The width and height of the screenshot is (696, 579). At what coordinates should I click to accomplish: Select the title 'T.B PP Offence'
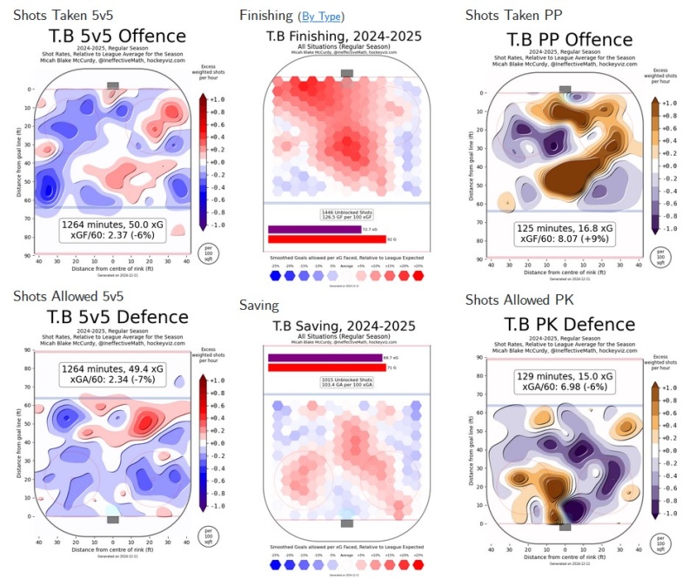[x=569, y=39]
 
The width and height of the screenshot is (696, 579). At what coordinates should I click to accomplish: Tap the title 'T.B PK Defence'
[x=569, y=324]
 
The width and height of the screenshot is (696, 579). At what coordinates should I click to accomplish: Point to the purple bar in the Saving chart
[x=325, y=358]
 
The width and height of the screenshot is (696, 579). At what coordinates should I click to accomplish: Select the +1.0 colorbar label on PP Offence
[x=669, y=104]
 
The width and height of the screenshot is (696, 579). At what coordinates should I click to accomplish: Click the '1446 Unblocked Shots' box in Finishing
[x=347, y=213]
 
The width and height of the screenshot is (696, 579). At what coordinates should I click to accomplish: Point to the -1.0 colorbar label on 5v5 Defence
[x=218, y=505]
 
